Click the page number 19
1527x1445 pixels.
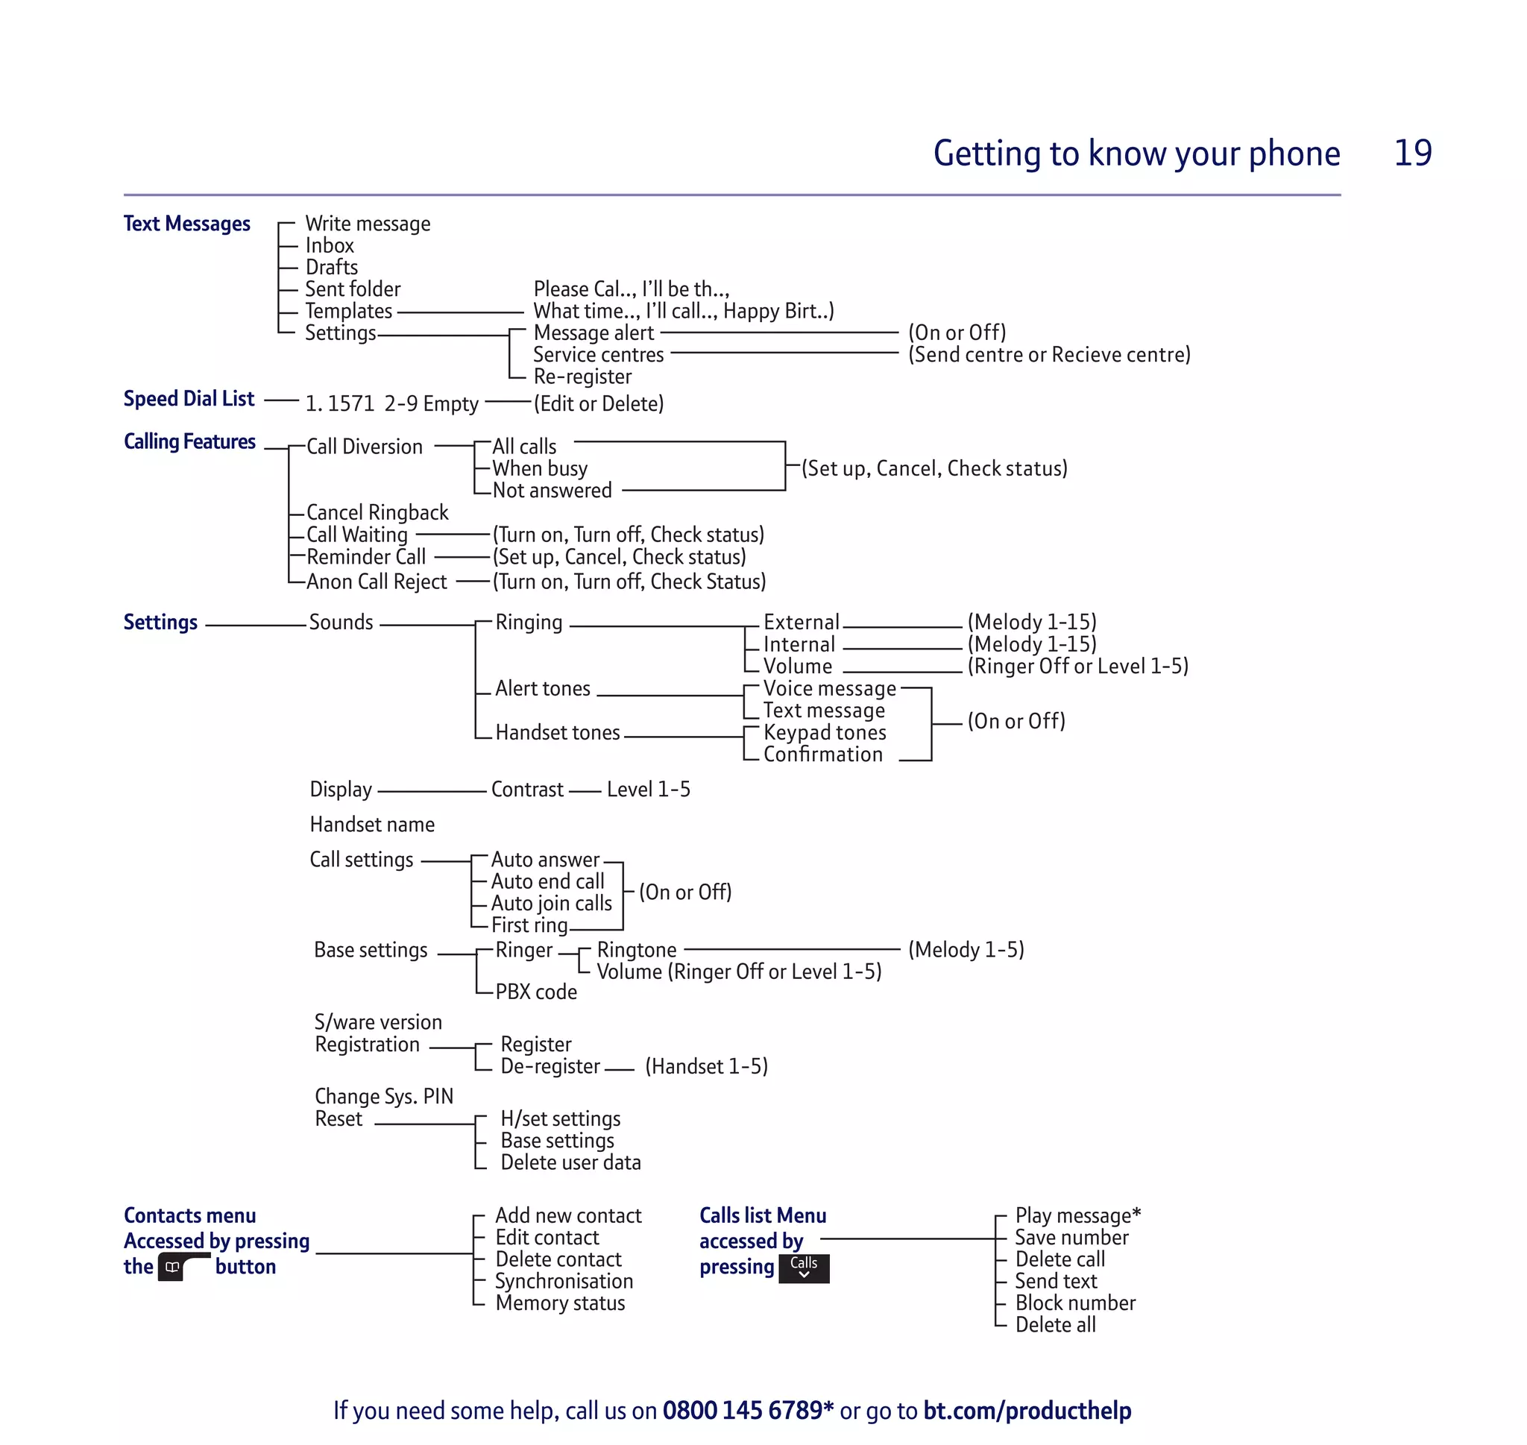click(x=1412, y=153)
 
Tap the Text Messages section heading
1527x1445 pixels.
click(x=187, y=224)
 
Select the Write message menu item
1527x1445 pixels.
click(x=368, y=224)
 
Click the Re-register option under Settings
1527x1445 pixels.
click(x=582, y=377)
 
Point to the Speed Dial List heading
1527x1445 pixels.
click(x=189, y=399)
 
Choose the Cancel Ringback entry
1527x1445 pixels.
click(x=377, y=512)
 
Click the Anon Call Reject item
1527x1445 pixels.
click(x=377, y=582)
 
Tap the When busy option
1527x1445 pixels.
click(x=540, y=468)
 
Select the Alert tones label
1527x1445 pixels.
click(x=542, y=689)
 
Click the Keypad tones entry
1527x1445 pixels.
click(x=824, y=732)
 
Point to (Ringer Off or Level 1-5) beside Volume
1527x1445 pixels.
click(x=1077, y=667)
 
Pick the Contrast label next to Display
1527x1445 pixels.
click(x=526, y=790)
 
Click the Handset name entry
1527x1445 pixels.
click(x=372, y=825)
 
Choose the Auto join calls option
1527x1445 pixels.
click(x=551, y=904)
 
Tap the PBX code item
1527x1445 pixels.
click(x=536, y=992)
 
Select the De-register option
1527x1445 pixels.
click(x=550, y=1067)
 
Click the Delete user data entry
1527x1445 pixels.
click(x=570, y=1162)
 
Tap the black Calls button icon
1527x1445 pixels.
click(x=803, y=1268)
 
